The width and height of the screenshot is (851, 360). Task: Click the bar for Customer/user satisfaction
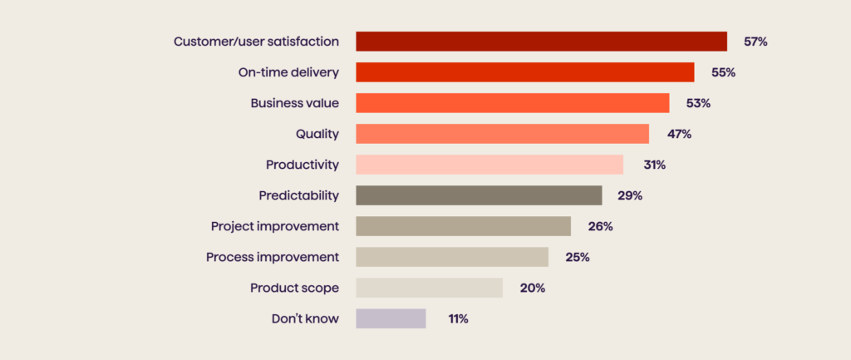pyautogui.click(x=541, y=42)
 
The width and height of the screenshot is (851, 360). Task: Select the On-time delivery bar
pyautogui.click(x=524, y=72)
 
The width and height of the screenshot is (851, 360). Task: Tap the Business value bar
pyautogui.click(x=512, y=103)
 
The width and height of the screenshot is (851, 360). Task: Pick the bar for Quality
pyautogui.click(x=502, y=134)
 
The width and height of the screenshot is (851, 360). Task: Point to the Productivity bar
pyautogui.click(x=489, y=165)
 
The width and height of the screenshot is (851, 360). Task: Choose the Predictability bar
pyautogui.click(x=479, y=195)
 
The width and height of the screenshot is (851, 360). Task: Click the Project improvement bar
pyautogui.click(x=463, y=226)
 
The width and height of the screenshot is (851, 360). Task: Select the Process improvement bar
pyautogui.click(x=452, y=257)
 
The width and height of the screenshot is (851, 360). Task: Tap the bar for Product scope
pyautogui.click(x=429, y=288)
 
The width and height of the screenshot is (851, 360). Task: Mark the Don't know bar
pyautogui.click(x=391, y=318)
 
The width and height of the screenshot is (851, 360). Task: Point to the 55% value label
pyautogui.click(x=723, y=72)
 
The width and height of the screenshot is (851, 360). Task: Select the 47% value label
pyautogui.click(x=678, y=134)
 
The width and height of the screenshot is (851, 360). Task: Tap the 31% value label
pyautogui.click(x=653, y=165)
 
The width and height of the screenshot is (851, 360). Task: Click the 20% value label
pyautogui.click(x=532, y=288)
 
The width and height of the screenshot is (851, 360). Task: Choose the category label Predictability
pyautogui.click(x=298, y=195)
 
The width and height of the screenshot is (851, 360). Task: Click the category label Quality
pyautogui.click(x=317, y=134)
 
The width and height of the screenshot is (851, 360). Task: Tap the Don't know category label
pyautogui.click(x=305, y=318)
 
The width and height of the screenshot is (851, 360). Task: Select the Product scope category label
pyautogui.click(x=294, y=288)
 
